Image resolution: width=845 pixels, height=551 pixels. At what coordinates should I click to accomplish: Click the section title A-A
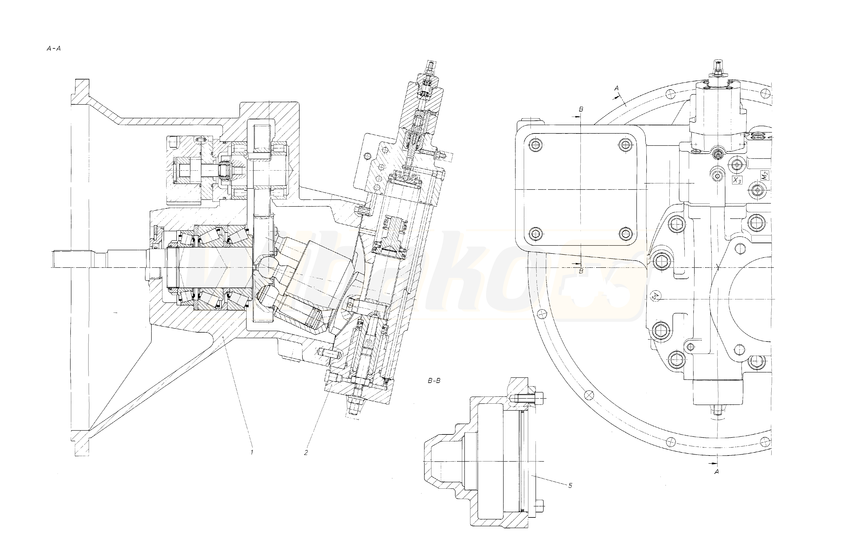click(x=54, y=49)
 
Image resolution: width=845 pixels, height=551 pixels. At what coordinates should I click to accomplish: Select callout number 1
click(x=252, y=452)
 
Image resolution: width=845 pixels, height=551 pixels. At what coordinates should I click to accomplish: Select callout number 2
click(x=306, y=452)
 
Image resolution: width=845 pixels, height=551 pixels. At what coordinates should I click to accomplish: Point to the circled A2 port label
click(x=656, y=296)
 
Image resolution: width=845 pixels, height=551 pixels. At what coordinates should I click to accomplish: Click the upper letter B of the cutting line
click(x=581, y=109)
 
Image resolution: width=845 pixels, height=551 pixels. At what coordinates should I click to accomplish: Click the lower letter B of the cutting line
click(x=581, y=271)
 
